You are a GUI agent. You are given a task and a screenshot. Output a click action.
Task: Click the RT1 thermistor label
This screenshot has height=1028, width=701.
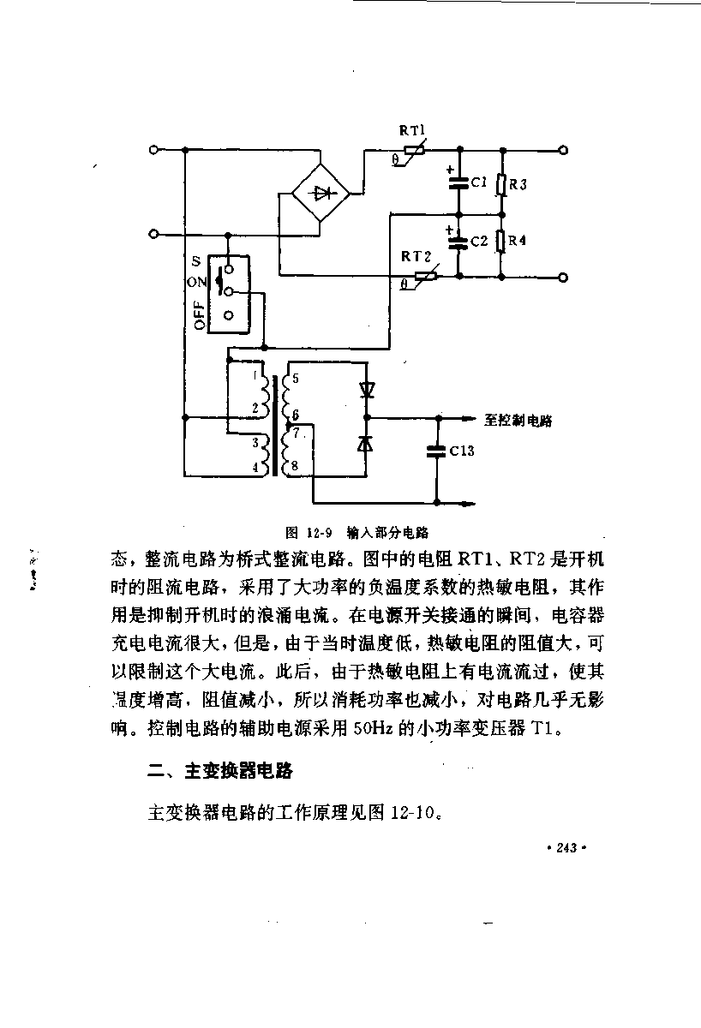pyautogui.click(x=412, y=130)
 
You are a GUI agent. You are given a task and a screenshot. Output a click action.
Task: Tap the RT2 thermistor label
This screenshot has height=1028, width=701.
pyautogui.click(x=416, y=256)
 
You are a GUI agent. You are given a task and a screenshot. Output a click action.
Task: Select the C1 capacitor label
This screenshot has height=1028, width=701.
pyautogui.click(x=479, y=182)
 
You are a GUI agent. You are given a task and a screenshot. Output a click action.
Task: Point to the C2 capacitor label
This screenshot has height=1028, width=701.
pyautogui.click(x=479, y=241)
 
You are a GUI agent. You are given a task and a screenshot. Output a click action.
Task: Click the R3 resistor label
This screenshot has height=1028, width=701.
pyautogui.click(x=518, y=184)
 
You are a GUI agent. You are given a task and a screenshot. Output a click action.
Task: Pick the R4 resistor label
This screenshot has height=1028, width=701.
pyautogui.click(x=517, y=240)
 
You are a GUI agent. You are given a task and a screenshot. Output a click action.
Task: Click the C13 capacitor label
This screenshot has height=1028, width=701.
pyautogui.click(x=461, y=451)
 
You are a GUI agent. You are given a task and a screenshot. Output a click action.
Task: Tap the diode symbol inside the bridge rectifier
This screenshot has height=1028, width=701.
pyautogui.click(x=321, y=194)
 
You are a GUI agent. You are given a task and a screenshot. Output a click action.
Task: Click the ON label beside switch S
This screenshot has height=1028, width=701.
pyautogui.click(x=196, y=282)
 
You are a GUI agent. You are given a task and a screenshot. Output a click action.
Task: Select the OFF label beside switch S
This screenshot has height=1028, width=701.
pyautogui.click(x=199, y=315)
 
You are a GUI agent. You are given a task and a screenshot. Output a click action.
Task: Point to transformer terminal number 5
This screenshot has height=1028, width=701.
pyautogui.click(x=295, y=378)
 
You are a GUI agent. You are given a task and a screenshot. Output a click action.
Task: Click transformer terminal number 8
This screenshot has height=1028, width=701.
pyautogui.click(x=294, y=466)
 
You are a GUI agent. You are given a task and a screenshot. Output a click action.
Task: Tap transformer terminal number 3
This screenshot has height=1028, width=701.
pyautogui.click(x=255, y=442)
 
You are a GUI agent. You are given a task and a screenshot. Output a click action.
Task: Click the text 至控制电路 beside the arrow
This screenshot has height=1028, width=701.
pyautogui.click(x=518, y=421)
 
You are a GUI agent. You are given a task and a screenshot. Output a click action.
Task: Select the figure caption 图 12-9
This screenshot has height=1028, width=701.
pyautogui.click(x=309, y=532)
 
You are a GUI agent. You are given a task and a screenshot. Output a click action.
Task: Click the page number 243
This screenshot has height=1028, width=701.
pyautogui.click(x=566, y=847)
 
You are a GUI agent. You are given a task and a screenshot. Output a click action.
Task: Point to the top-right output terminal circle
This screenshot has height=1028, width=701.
pyautogui.click(x=563, y=150)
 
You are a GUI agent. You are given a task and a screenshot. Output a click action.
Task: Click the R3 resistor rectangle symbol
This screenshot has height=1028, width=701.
pyautogui.click(x=502, y=185)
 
